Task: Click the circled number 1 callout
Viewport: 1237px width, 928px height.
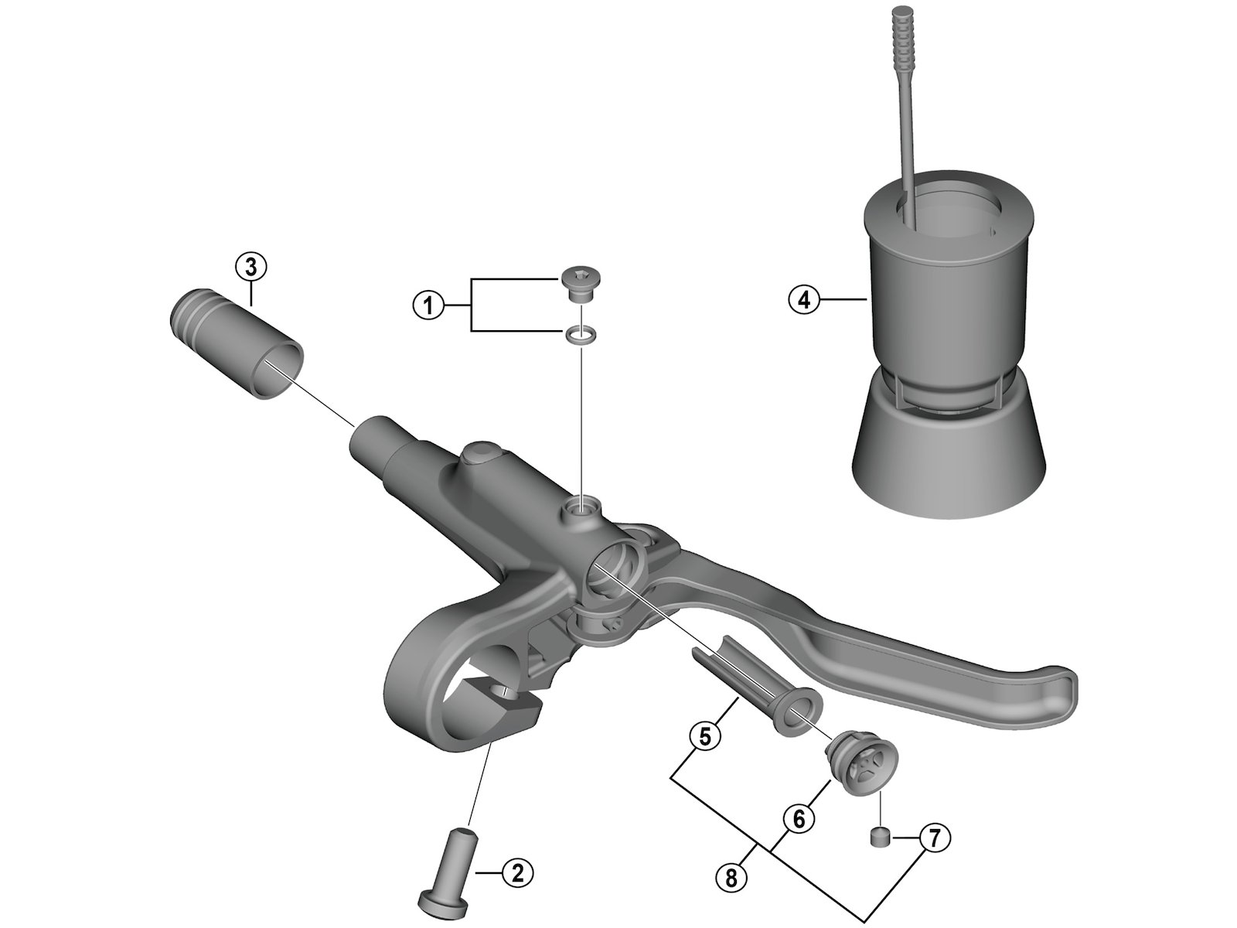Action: point(428,306)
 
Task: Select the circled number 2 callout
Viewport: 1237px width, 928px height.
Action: point(516,873)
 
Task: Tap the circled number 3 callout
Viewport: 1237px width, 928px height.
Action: point(250,268)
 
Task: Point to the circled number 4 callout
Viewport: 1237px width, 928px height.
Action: point(804,300)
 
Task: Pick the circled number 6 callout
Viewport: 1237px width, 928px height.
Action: point(799,819)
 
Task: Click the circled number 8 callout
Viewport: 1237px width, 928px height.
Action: point(731,878)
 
